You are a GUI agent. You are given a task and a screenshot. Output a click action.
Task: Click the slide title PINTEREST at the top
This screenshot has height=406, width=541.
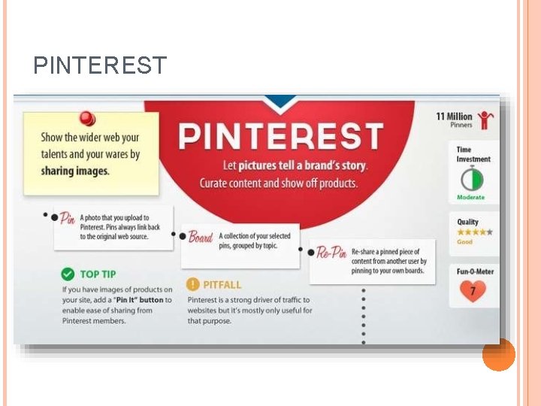[x=100, y=65]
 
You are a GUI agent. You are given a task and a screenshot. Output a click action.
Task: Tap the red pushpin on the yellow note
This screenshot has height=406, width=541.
[x=88, y=120]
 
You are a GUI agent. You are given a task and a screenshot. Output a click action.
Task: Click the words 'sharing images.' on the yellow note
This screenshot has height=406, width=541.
[x=74, y=171]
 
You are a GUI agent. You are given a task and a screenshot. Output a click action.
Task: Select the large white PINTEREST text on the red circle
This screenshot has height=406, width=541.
[x=281, y=137]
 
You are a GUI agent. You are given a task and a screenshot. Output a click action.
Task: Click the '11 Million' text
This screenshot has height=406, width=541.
[x=454, y=116]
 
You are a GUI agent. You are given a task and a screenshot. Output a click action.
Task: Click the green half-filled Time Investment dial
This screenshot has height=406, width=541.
[x=472, y=179]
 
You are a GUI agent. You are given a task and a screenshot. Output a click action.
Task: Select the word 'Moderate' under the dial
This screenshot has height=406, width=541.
[x=470, y=197]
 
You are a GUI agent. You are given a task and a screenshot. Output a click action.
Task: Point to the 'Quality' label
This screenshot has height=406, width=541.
[x=467, y=222]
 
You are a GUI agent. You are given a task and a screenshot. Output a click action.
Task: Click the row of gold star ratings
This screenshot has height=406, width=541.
[x=475, y=232]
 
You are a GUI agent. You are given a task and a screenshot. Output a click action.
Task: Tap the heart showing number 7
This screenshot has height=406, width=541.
[x=473, y=290]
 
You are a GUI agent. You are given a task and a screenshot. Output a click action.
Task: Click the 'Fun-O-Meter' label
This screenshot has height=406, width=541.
[x=475, y=271]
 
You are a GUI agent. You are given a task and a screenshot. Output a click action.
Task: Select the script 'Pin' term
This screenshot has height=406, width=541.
[x=68, y=219]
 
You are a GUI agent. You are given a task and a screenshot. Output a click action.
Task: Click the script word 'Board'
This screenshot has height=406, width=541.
[x=200, y=238]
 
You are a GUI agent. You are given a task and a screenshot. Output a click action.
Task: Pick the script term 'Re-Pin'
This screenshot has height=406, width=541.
[x=331, y=252]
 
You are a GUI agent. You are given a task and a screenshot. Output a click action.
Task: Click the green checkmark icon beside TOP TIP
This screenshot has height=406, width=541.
[x=68, y=274]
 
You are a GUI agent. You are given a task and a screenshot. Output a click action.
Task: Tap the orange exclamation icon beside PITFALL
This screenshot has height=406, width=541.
[x=193, y=284]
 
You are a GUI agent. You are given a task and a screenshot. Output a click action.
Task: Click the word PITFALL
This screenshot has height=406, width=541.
[x=222, y=285]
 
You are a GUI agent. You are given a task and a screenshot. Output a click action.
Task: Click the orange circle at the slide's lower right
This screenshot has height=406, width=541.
[x=498, y=355]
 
